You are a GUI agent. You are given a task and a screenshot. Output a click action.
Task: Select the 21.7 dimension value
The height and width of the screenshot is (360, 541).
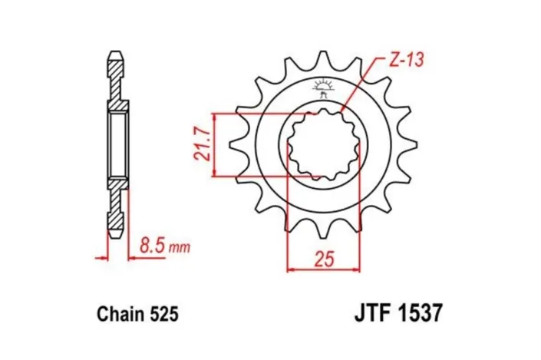(x=201, y=145)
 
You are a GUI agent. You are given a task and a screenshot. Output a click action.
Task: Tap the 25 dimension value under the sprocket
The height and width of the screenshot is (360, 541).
(x=324, y=259)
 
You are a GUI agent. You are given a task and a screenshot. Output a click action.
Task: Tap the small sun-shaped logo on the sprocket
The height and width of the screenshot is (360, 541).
(x=323, y=86)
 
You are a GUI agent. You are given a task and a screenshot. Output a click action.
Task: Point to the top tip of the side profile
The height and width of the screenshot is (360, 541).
(x=114, y=55)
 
